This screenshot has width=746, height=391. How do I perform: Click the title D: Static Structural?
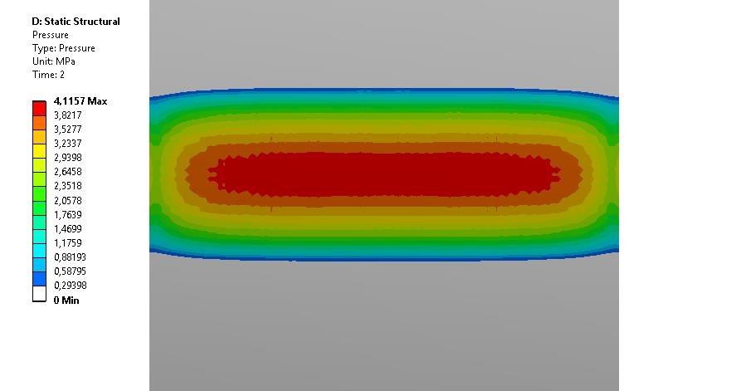click(76, 22)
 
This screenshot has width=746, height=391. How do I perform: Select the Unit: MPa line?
click(54, 61)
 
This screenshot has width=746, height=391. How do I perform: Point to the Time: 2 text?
click(48, 75)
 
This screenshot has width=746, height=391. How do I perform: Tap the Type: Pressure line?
click(64, 48)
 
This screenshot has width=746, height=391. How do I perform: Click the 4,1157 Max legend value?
click(80, 101)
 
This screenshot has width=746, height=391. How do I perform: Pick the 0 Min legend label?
click(66, 300)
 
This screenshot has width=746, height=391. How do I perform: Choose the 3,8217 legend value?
click(67, 115)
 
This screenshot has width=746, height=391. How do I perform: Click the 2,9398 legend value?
click(67, 158)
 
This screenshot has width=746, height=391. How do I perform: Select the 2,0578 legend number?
click(67, 201)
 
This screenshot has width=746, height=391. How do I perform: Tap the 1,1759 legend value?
click(67, 243)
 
